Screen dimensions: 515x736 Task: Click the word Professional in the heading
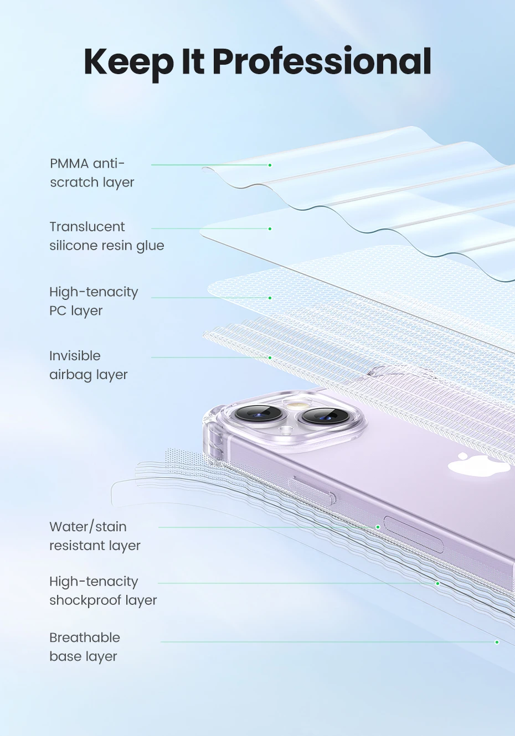point(322,62)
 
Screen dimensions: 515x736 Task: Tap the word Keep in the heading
point(129,62)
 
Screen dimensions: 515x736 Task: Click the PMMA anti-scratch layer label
point(92,173)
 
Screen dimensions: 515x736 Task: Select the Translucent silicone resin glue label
point(106,236)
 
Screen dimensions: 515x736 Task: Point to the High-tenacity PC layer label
point(94,301)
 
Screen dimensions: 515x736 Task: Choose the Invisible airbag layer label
point(88,365)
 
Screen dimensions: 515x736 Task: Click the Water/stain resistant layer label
point(95,536)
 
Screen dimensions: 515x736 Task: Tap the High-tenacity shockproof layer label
point(103,590)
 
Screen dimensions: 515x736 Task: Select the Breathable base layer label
point(84,646)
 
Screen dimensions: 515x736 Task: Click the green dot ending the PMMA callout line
point(270,165)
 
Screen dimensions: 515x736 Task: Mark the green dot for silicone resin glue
point(270,229)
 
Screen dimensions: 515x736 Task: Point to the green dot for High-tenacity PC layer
point(270,298)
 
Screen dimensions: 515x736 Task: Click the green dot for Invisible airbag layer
point(270,357)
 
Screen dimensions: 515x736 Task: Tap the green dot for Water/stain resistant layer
point(378,527)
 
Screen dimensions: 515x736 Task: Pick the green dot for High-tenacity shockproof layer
point(437,583)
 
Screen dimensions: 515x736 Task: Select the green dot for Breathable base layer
point(497,642)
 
